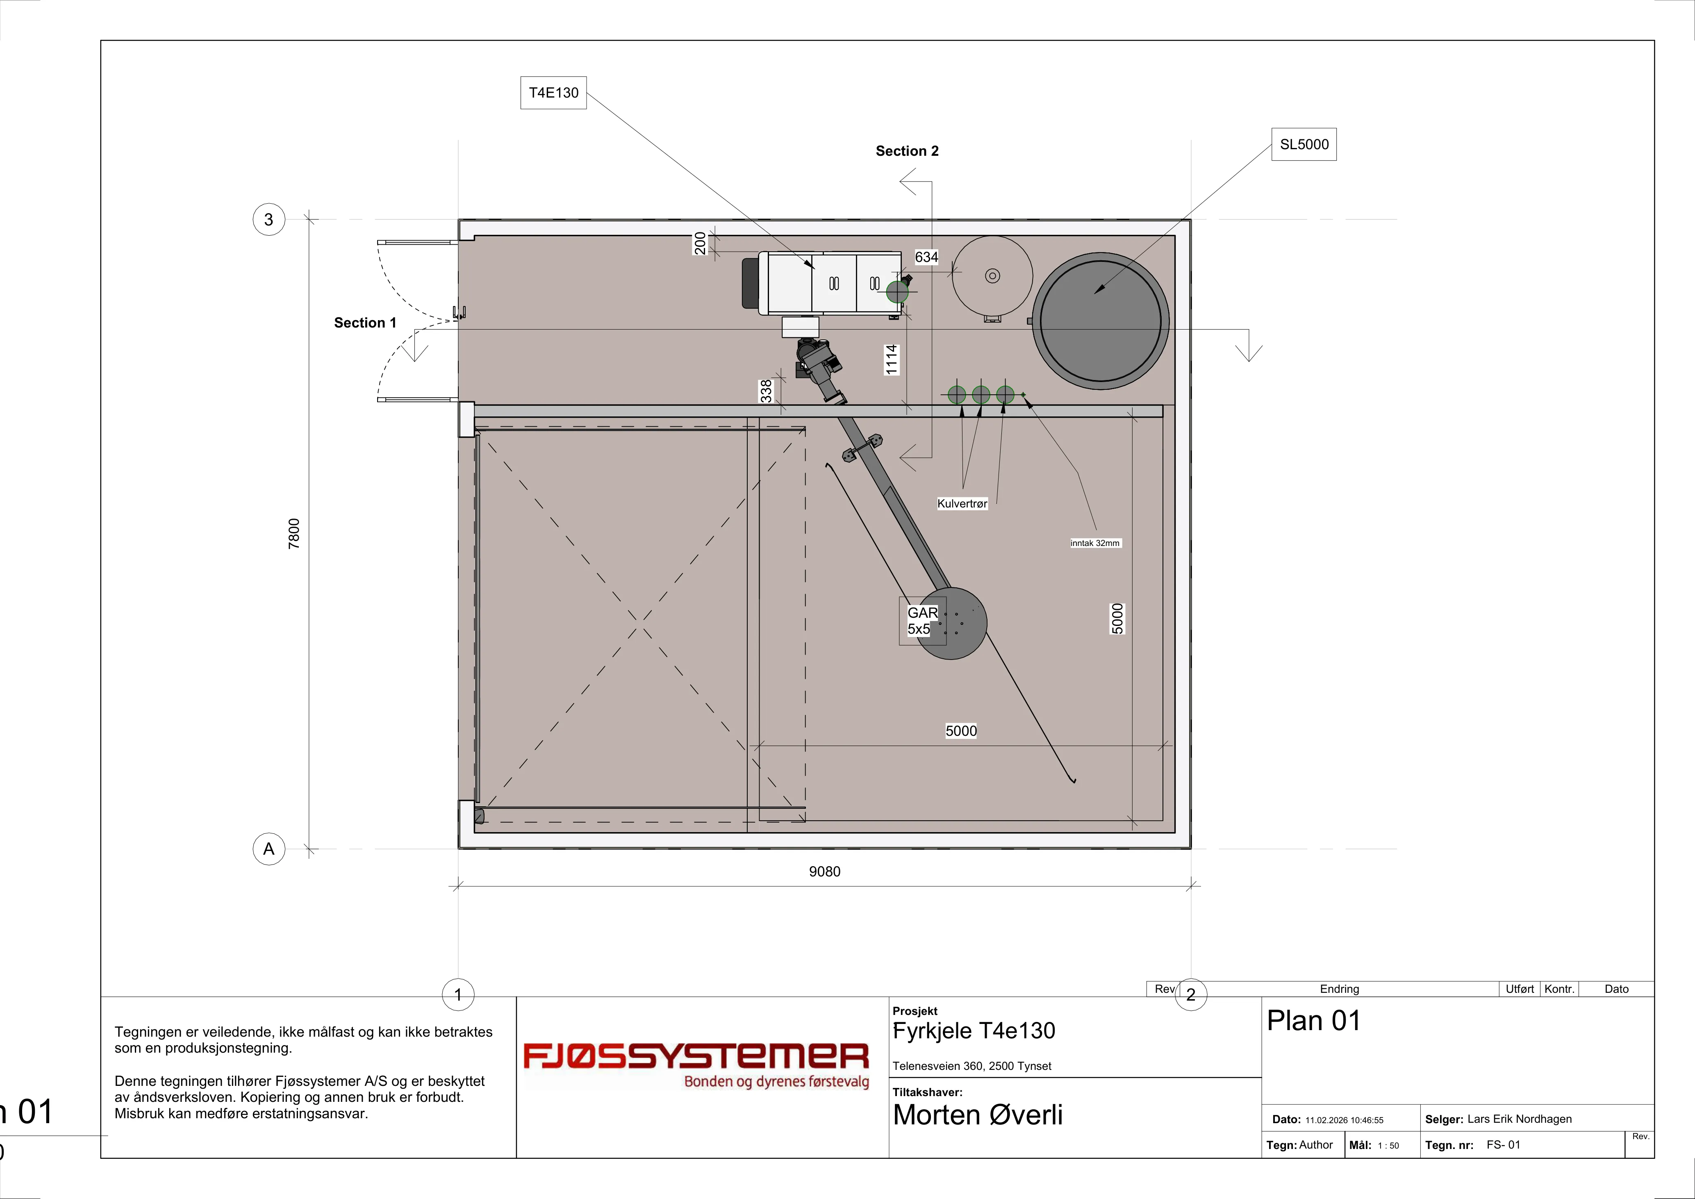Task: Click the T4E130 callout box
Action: point(554,93)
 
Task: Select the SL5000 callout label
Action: point(1304,145)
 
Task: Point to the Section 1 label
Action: point(365,323)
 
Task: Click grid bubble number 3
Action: point(269,219)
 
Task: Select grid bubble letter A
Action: point(269,849)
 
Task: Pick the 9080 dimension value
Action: point(825,872)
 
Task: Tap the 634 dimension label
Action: point(926,257)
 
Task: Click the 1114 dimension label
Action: point(892,359)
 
